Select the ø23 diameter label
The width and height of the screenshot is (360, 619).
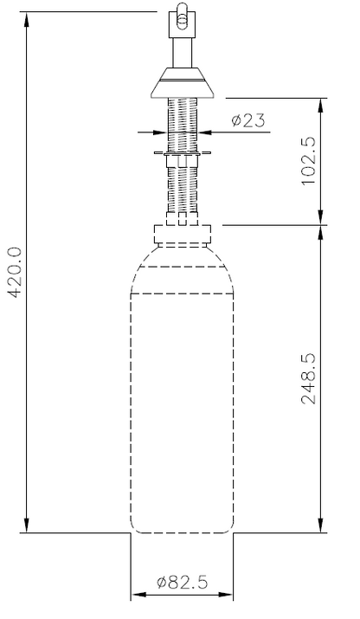pos(248,121)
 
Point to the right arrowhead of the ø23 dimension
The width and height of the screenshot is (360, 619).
pos(204,132)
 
